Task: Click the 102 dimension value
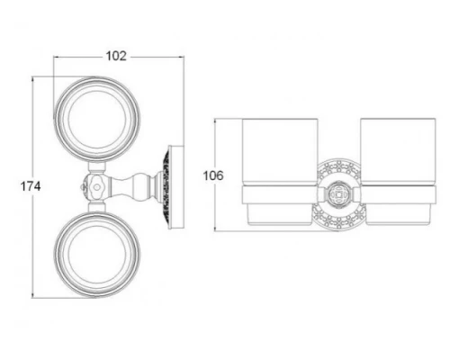pos(116,56)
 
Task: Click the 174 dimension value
pos(31,186)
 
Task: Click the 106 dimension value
pos(213,175)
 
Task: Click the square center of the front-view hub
pos(338,194)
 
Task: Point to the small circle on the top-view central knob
pos(96,187)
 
